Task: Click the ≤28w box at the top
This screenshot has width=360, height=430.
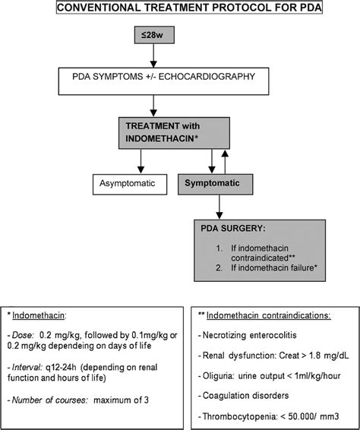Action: (156, 35)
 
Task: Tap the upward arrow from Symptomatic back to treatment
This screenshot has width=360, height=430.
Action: (223, 160)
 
